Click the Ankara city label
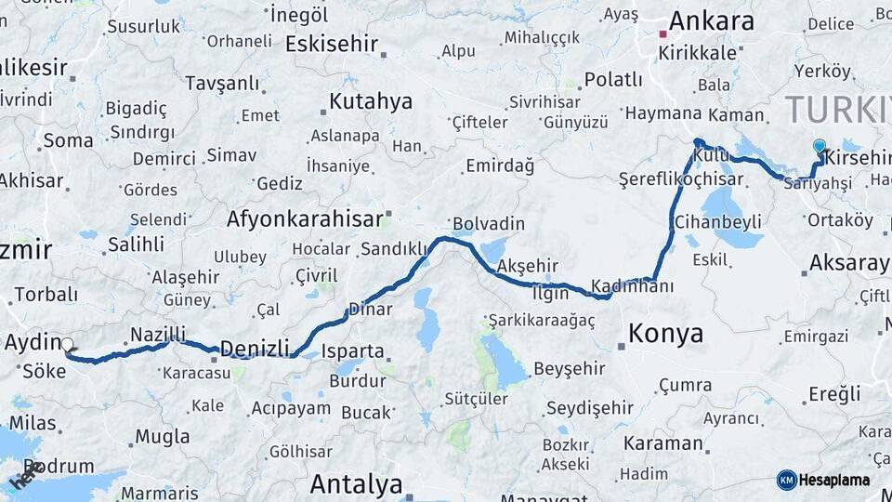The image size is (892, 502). point(711,20)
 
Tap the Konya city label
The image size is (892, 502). point(665,333)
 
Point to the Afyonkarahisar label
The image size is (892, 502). point(305,218)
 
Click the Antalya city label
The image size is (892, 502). point(356,483)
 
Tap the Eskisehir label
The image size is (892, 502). point(332,44)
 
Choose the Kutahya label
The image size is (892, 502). point(371,100)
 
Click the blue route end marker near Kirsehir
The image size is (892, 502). point(819,146)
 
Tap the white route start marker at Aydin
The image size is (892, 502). point(67,345)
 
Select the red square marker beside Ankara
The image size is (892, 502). point(662,34)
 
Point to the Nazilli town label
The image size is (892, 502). point(158,333)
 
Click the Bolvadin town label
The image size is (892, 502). point(488,224)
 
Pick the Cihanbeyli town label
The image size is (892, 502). point(718,221)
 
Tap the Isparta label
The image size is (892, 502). point(352,350)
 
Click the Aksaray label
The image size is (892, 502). point(848,262)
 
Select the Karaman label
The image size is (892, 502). point(663,443)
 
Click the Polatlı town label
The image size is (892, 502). point(614,79)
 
